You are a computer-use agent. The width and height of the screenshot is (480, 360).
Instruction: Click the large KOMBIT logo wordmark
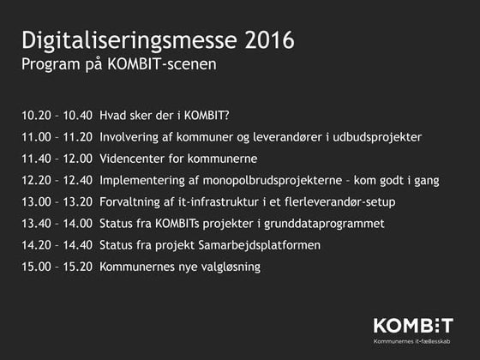point(412,326)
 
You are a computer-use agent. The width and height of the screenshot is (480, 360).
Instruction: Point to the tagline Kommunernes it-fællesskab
point(412,342)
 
